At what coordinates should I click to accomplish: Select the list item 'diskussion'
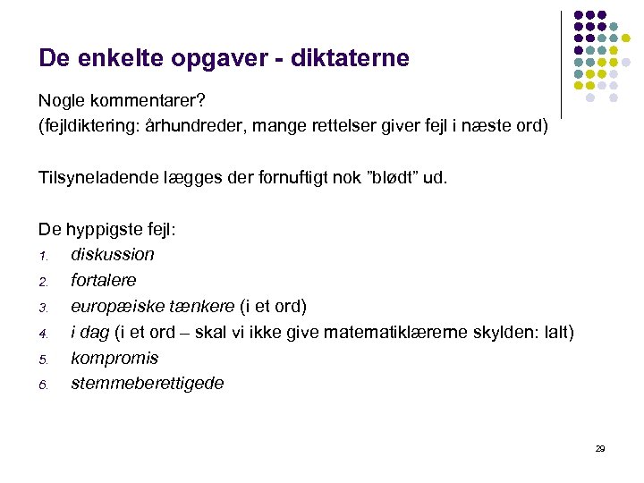(x=112, y=254)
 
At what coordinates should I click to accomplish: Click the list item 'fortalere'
(x=103, y=280)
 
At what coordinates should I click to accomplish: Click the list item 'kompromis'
(x=114, y=358)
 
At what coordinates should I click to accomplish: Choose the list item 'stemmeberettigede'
(x=147, y=384)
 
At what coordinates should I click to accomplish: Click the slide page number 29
(x=599, y=448)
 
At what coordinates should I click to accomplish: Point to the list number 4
(x=42, y=334)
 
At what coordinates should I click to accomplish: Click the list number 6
(x=42, y=386)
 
